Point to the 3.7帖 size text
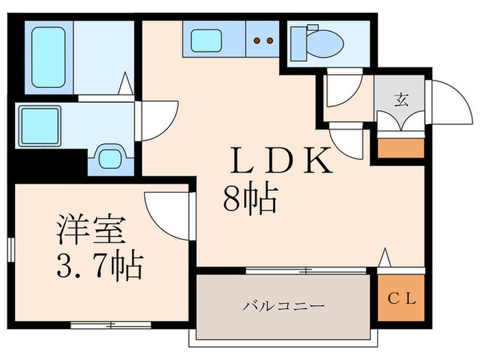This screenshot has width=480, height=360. (x=99, y=265)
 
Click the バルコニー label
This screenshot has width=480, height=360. (x=283, y=304)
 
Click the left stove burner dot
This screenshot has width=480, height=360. (x=257, y=40)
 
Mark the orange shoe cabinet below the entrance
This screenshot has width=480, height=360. (x=400, y=147)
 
